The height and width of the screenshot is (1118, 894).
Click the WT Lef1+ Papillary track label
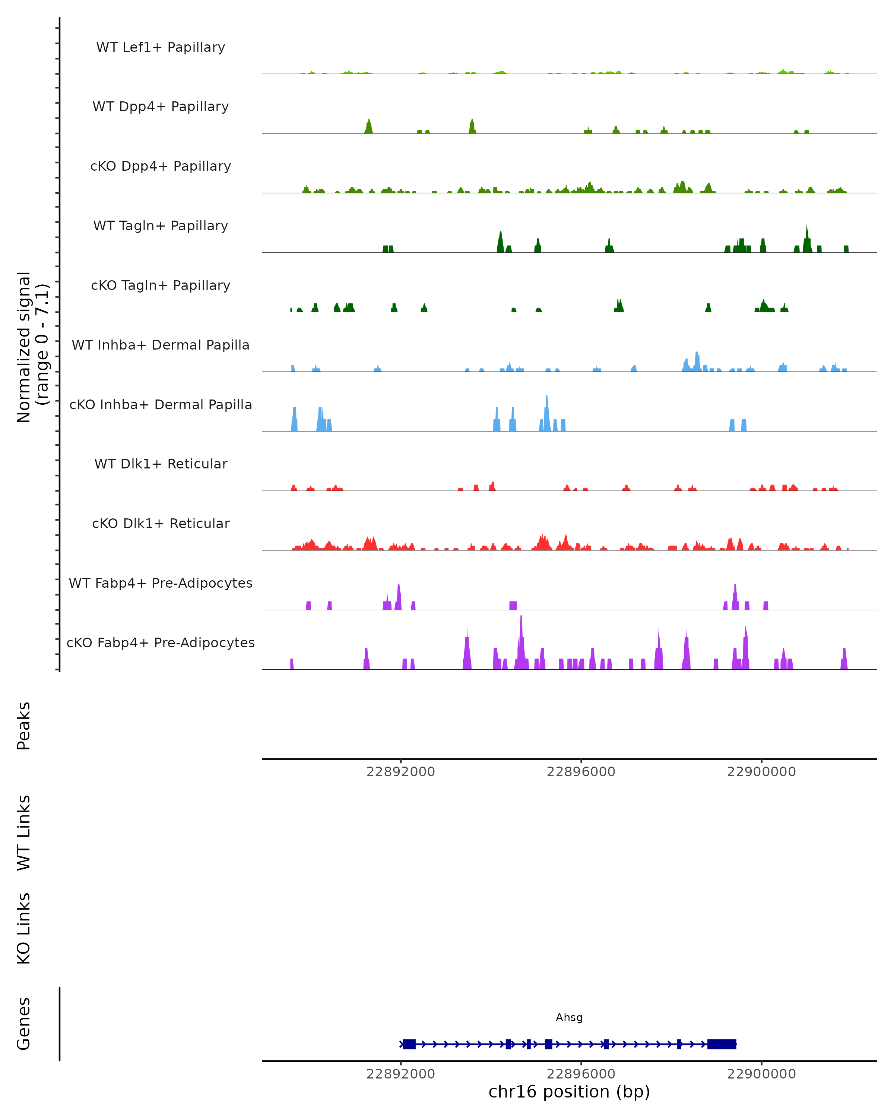161,47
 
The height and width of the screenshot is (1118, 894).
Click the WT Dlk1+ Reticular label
161,464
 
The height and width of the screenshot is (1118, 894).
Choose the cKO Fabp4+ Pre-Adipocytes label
161,642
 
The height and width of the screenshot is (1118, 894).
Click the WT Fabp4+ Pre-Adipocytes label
161,583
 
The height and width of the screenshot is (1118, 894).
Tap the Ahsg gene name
569,1017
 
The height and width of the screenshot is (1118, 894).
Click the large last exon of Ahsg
722,1044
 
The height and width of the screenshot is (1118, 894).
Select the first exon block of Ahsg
409,1044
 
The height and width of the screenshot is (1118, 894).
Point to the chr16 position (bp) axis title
569,1092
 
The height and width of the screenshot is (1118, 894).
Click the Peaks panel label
24,726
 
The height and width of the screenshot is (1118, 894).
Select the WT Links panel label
24,832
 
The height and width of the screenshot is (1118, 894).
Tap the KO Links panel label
24,928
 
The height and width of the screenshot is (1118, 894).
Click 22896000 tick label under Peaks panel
581,772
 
